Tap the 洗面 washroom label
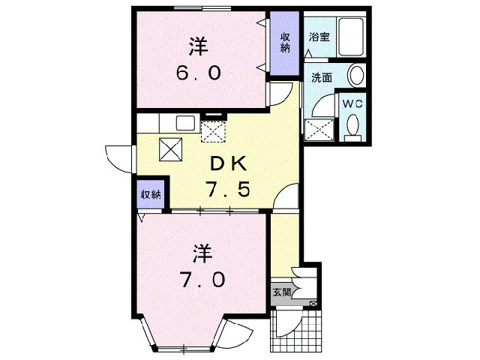tap(323, 76)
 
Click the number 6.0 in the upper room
tap(199, 73)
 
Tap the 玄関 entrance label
tap(280, 292)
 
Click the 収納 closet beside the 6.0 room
tap(285, 43)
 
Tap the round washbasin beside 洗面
tap(357, 75)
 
